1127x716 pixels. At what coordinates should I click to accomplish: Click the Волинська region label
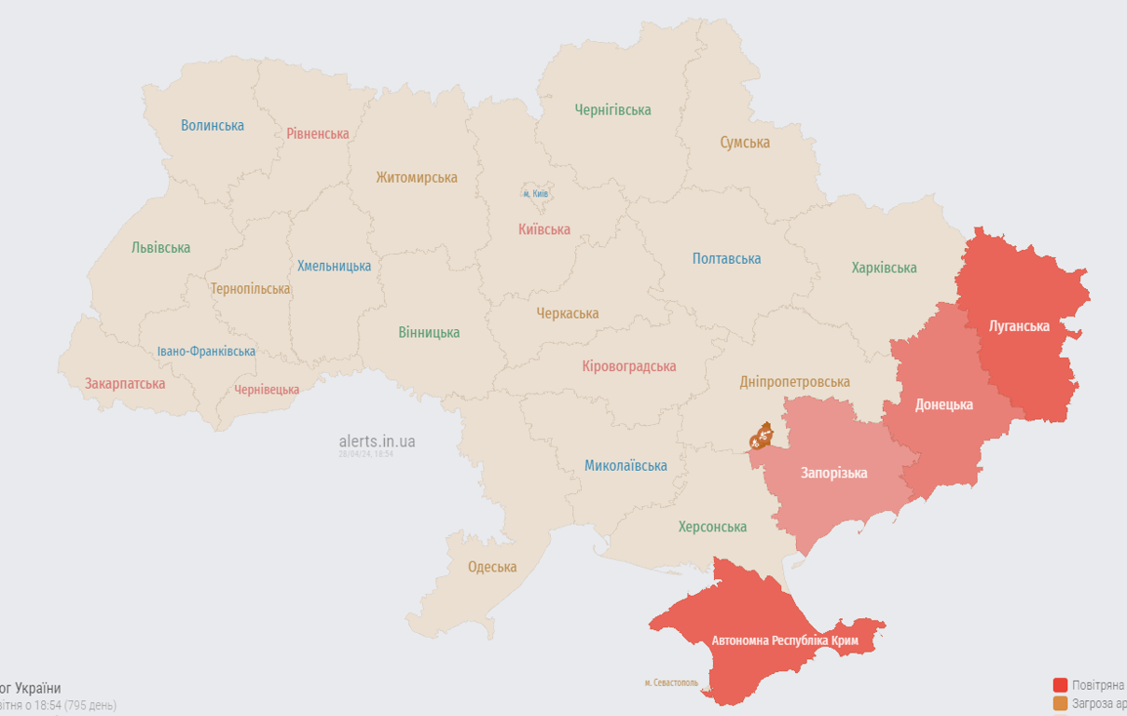tap(213, 125)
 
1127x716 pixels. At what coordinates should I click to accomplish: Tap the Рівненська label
tap(318, 133)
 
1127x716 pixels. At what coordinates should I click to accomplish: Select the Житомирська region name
tap(417, 177)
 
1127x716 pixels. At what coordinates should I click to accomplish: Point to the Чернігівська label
tap(612, 110)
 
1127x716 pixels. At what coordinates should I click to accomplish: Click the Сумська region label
tap(745, 143)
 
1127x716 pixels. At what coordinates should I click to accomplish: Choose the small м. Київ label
tap(535, 193)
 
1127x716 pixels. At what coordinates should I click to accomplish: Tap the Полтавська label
tap(726, 258)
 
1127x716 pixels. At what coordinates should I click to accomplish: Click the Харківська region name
tap(884, 268)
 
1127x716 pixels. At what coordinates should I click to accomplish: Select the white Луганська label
tap(1019, 326)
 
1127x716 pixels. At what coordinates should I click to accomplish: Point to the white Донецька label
tap(943, 405)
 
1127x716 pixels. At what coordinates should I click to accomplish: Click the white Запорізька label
tap(833, 473)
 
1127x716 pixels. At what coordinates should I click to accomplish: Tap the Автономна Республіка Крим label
tap(785, 641)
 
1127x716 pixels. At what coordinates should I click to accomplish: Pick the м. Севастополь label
tap(671, 682)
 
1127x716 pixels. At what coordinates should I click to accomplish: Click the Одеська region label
tap(492, 567)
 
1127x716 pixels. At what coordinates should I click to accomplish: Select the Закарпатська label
tap(125, 383)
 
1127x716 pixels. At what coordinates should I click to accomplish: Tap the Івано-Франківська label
tap(206, 351)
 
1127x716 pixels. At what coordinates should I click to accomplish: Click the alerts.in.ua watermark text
tap(377, 441)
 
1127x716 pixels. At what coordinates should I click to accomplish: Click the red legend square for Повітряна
tap(1060, 685)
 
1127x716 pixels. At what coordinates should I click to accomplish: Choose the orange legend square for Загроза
tap(1060, 704)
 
